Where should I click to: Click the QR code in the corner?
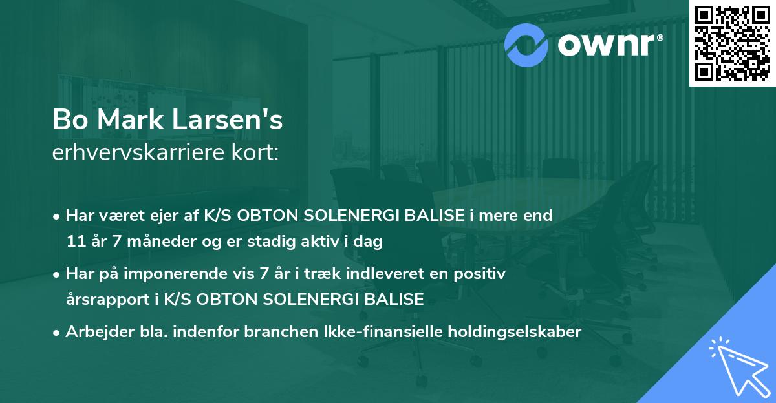coord(733,43)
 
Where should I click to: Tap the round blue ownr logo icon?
coord(526,43)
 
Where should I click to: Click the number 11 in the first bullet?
coord(74,242)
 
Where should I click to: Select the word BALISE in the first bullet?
coord(438,216)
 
